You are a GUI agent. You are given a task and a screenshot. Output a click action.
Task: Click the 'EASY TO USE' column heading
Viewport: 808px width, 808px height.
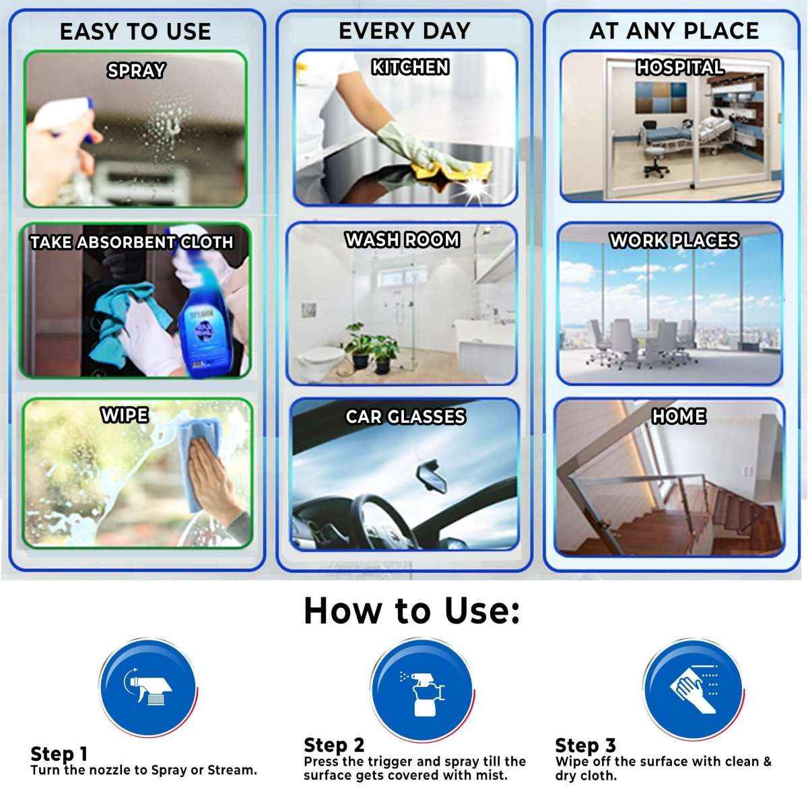(x=135, y=32)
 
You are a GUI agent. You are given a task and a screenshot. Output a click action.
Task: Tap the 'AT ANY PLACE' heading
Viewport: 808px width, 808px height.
(x=674, y=30)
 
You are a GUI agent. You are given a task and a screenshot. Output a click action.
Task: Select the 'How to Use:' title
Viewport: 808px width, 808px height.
(x=411, y=610)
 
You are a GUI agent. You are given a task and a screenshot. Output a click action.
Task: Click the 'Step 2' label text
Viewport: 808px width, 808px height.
(x=334, y=745)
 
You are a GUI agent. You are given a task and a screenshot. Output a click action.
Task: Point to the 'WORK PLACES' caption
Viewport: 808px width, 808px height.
(x=674, y=240)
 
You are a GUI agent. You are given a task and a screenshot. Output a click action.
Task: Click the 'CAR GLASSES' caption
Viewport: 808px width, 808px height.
(x=405, y=417)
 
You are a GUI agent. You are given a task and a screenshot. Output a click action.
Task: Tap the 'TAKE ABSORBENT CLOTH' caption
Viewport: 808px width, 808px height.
(x=132, y=242)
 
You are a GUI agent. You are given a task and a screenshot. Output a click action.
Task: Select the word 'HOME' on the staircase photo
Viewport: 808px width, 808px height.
(x=679, y=416)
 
